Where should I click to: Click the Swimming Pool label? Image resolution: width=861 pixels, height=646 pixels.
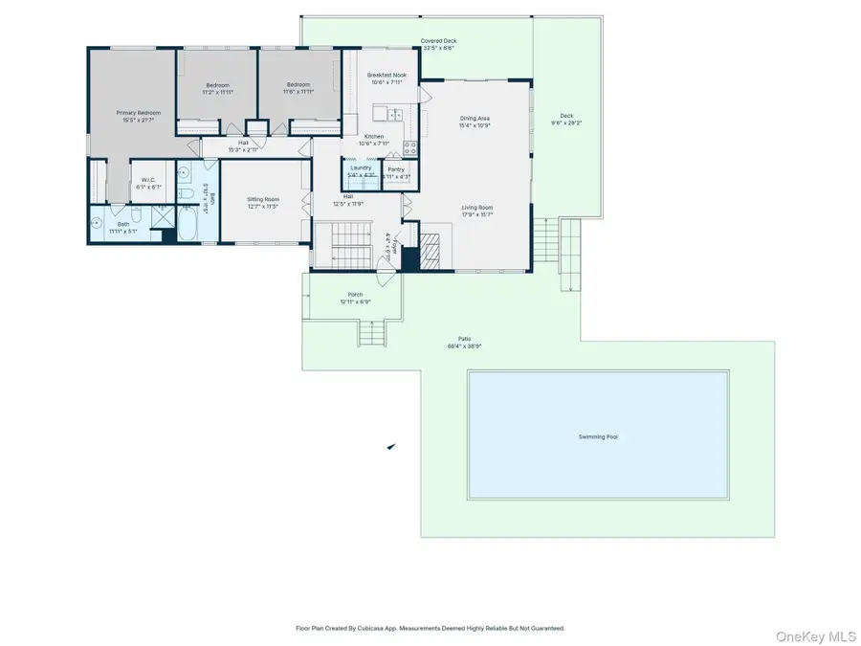(x=598, y=436)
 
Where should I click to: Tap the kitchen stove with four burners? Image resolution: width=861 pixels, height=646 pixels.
(x=410, y=148)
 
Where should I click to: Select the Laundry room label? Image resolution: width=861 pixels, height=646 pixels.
(x=361, y=167)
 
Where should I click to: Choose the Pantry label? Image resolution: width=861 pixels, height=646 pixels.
(x=396, y=169)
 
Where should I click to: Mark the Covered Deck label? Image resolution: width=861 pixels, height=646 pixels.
(x=438, y=41)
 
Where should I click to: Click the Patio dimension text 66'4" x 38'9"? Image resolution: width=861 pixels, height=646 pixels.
(x=464, y=345)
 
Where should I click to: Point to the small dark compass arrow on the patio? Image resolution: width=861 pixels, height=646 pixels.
(x=391, y=446)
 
